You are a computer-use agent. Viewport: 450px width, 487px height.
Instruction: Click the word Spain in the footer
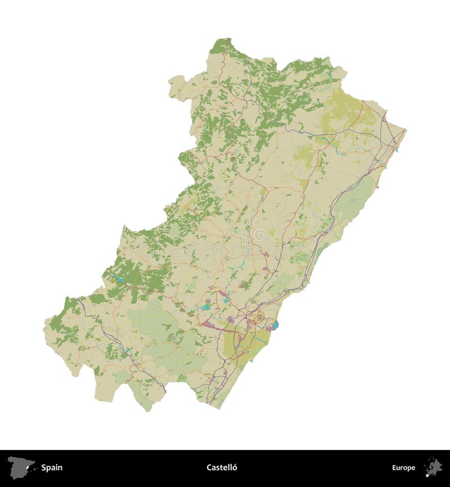[x=51, y=467]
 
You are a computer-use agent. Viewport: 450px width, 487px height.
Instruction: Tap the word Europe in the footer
[x=403, y=467]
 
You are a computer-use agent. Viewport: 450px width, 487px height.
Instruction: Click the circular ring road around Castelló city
[x=259, y=318]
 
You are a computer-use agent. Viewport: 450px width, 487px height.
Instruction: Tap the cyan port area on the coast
[x=275, y=325]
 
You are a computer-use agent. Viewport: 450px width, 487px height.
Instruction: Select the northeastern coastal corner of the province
[x=404, y=131]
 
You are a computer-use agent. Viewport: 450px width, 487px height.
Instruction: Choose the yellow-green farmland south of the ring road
[x=242, y=345]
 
